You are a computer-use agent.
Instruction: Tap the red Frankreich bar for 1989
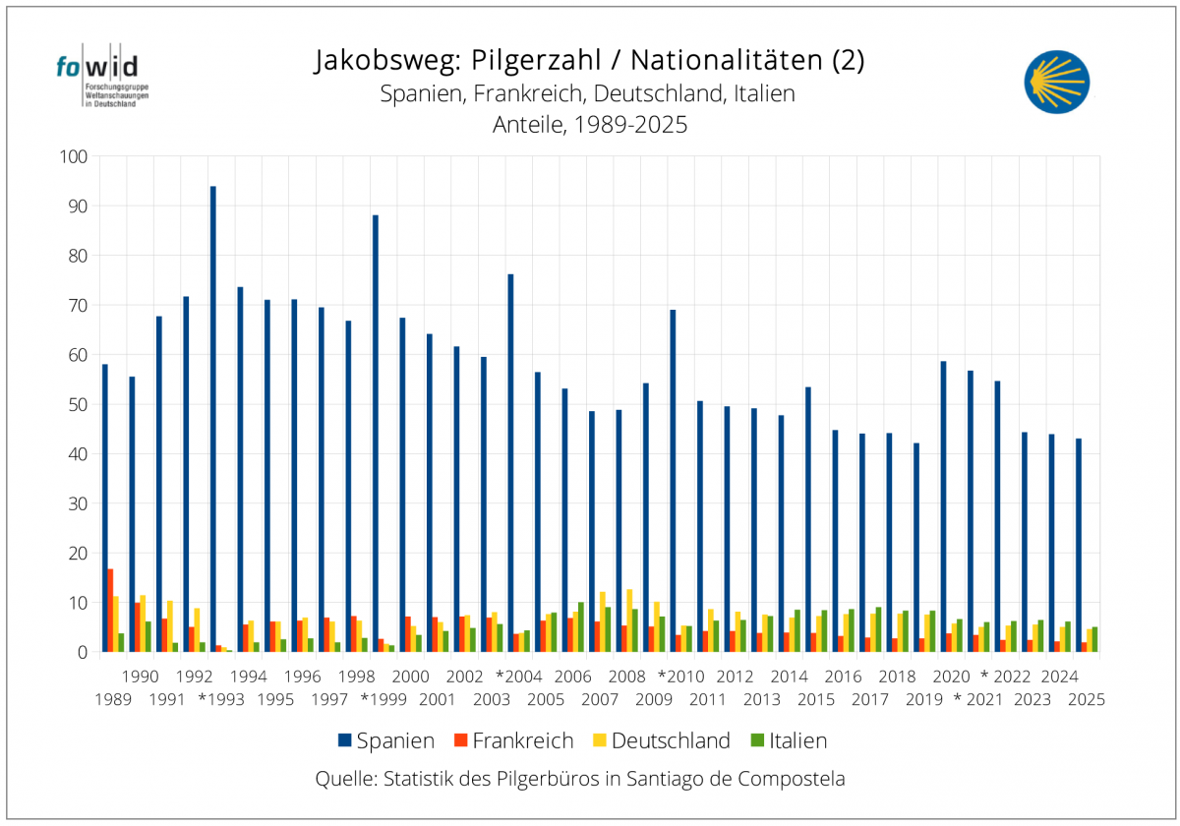110,610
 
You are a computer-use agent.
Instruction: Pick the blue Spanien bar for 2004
510,462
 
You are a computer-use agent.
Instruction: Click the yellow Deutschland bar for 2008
629,620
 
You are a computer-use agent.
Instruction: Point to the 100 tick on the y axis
75,156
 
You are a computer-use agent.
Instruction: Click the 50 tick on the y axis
79,404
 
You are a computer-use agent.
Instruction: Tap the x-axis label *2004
518,677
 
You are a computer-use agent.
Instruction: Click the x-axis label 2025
1086,700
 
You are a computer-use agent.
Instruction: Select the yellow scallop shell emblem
1057,81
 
